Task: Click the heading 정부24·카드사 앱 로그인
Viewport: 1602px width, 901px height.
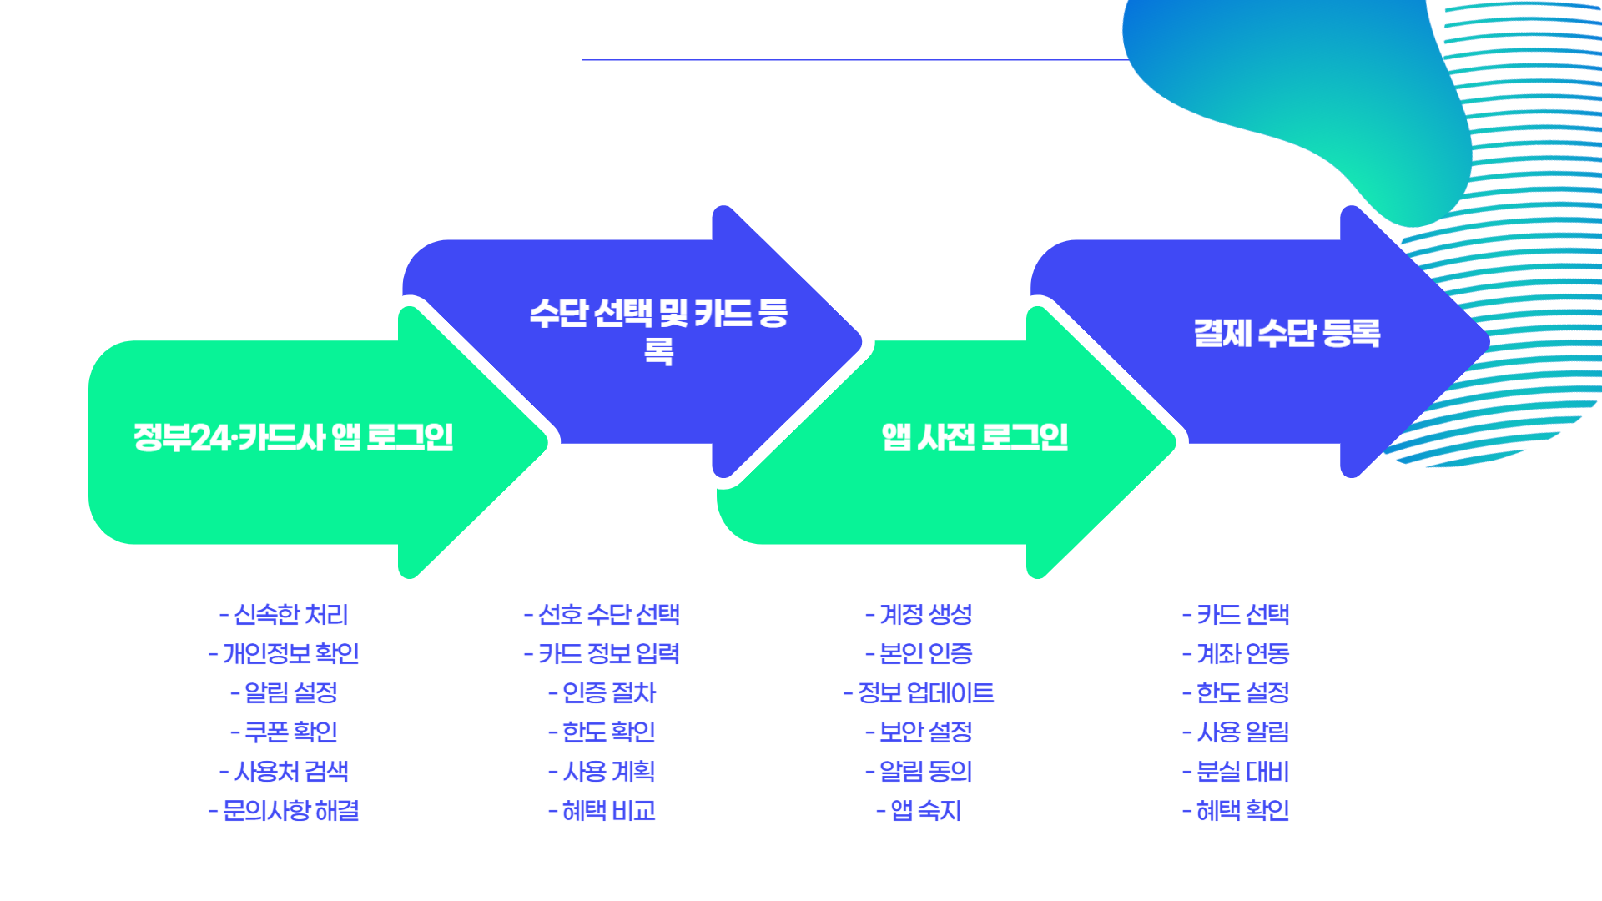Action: click(x=293, y=437)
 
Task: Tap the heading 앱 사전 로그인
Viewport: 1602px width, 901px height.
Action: click(x=975, y=437)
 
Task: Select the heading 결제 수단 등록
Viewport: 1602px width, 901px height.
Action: click(x=1287, y=333)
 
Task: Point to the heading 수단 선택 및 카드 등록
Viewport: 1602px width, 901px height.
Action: click(x=658, y=330)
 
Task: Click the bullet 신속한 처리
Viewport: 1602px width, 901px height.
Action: click(x=284, y=615)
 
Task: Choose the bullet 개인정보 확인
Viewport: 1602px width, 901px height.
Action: click(x=284, y=654)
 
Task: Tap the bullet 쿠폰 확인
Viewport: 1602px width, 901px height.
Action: click(x=284, y=732)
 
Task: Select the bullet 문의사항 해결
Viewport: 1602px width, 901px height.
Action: click(x=284, y=811)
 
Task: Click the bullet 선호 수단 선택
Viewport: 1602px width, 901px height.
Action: click(x=602, y=615)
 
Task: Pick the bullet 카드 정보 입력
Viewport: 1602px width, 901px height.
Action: click(x=602, y=654)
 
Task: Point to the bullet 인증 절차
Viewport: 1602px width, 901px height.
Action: click(x=602, y=693)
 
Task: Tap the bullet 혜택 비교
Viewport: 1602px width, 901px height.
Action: click(x=602, y=811)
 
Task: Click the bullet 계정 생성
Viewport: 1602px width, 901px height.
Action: click(x=919, y=615)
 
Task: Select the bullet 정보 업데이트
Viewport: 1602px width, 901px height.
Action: click(x=919, y=693)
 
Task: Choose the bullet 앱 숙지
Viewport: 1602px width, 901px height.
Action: click(x=919, y=811)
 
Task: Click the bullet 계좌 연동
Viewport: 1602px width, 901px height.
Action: click(x=1236, y=654)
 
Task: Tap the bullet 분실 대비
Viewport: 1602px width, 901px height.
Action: click(x=1236, y=772)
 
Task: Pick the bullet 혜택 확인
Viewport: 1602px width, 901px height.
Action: click(x=1236, y=811)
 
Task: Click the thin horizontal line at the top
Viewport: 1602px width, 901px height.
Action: click(x=851, y=60)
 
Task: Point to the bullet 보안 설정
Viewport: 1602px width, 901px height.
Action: click(x=919, y=732)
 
